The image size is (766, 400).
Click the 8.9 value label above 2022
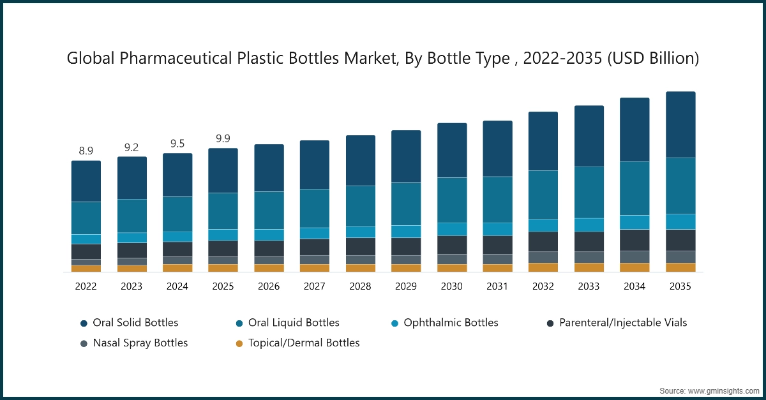[86, 151]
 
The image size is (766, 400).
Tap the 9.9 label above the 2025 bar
[223, 139]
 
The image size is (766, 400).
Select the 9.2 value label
[131, 147]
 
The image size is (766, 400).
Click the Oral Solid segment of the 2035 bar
[680, 124]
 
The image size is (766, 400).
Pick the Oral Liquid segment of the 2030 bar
[452, 200]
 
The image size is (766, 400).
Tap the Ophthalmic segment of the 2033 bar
[589, 225]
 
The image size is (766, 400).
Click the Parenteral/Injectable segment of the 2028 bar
[361, 246]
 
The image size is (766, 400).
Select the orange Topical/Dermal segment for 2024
[177, 268]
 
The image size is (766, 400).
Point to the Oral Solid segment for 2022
[86, 181]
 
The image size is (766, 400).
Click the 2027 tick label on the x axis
[315, 287]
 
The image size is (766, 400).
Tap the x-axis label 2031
[497, 287]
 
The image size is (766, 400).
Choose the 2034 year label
[635, 287]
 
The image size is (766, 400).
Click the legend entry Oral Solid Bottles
[135, 323]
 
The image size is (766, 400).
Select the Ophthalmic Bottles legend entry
[451, 323]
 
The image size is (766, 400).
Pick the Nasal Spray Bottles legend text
[140, 343]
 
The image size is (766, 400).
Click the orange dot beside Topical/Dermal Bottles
[239, 343]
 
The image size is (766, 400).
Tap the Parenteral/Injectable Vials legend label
[623, 323]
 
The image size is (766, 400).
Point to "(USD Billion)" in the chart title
[653, 59]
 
